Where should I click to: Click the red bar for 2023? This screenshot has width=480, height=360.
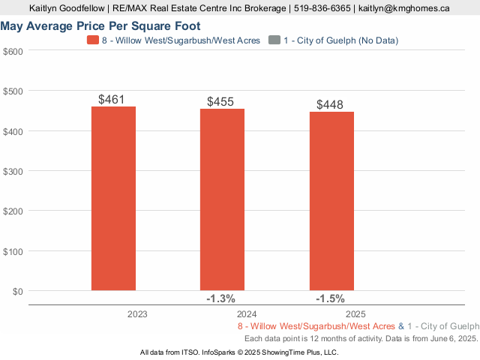113,199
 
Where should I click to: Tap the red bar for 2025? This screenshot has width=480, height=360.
331,201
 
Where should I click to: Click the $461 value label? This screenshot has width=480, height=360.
112,99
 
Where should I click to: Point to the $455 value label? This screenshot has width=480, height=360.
220,102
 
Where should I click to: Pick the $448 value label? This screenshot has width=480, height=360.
330,105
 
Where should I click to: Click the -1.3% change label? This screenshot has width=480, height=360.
220,298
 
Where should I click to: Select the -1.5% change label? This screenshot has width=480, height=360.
330,298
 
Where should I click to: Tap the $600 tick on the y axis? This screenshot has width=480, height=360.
13,51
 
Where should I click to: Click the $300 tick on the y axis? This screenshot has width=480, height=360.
13,171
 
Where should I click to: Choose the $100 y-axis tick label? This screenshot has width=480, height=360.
13,251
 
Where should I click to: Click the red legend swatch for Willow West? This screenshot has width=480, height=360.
93,40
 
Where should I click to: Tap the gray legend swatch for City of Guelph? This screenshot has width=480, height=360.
275,40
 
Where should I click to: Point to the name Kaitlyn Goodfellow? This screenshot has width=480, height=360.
67,9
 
